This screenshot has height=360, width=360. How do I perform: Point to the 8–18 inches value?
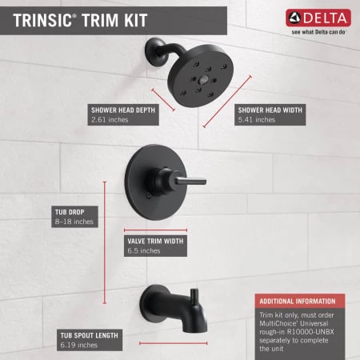[x=71, y=222]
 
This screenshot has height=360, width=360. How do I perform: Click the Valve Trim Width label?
[x=156, y=241]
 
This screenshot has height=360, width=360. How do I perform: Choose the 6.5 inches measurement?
[x=144, y=251]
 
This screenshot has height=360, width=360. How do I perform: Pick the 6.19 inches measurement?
[x=78, y=345]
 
